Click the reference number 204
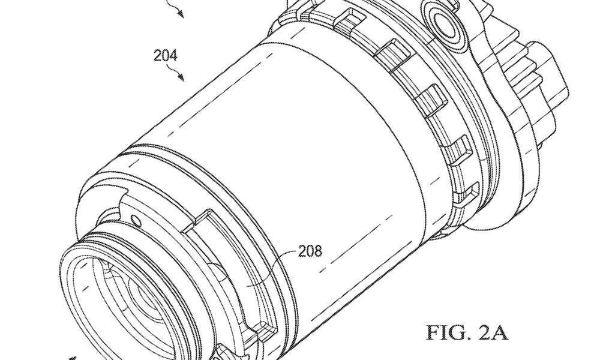(166, 56)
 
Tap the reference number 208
(310, 251)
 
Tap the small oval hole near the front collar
(135, 220)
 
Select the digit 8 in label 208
(318, 251)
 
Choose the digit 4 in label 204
(174, 56)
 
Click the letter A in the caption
(500, 332)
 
